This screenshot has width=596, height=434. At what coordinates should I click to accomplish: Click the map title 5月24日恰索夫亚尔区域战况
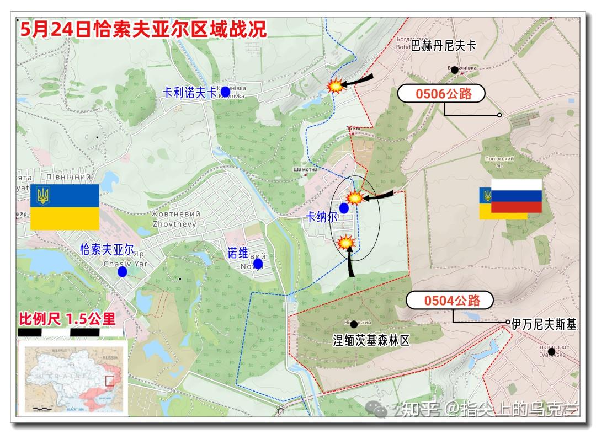142,29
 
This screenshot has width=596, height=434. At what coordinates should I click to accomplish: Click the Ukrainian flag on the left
65,207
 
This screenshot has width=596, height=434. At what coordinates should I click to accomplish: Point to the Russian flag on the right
516,196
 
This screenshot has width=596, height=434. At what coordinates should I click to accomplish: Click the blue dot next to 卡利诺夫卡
225,91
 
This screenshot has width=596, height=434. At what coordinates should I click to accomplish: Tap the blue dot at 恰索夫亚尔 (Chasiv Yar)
122,271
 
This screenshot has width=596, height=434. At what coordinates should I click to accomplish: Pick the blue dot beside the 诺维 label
258,264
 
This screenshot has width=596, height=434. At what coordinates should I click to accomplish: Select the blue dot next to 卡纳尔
344,208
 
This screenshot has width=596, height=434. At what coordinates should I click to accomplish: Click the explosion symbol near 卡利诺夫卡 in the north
335,85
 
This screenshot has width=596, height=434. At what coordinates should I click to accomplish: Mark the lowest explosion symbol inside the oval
346,242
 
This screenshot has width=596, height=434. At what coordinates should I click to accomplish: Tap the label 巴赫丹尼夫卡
443,46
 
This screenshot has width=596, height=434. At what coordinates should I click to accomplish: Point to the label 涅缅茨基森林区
372,340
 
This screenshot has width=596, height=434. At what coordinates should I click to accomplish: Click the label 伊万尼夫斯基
544,325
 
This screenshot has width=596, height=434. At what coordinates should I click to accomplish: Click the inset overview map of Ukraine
73,377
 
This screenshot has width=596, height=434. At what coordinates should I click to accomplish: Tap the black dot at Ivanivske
551,351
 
